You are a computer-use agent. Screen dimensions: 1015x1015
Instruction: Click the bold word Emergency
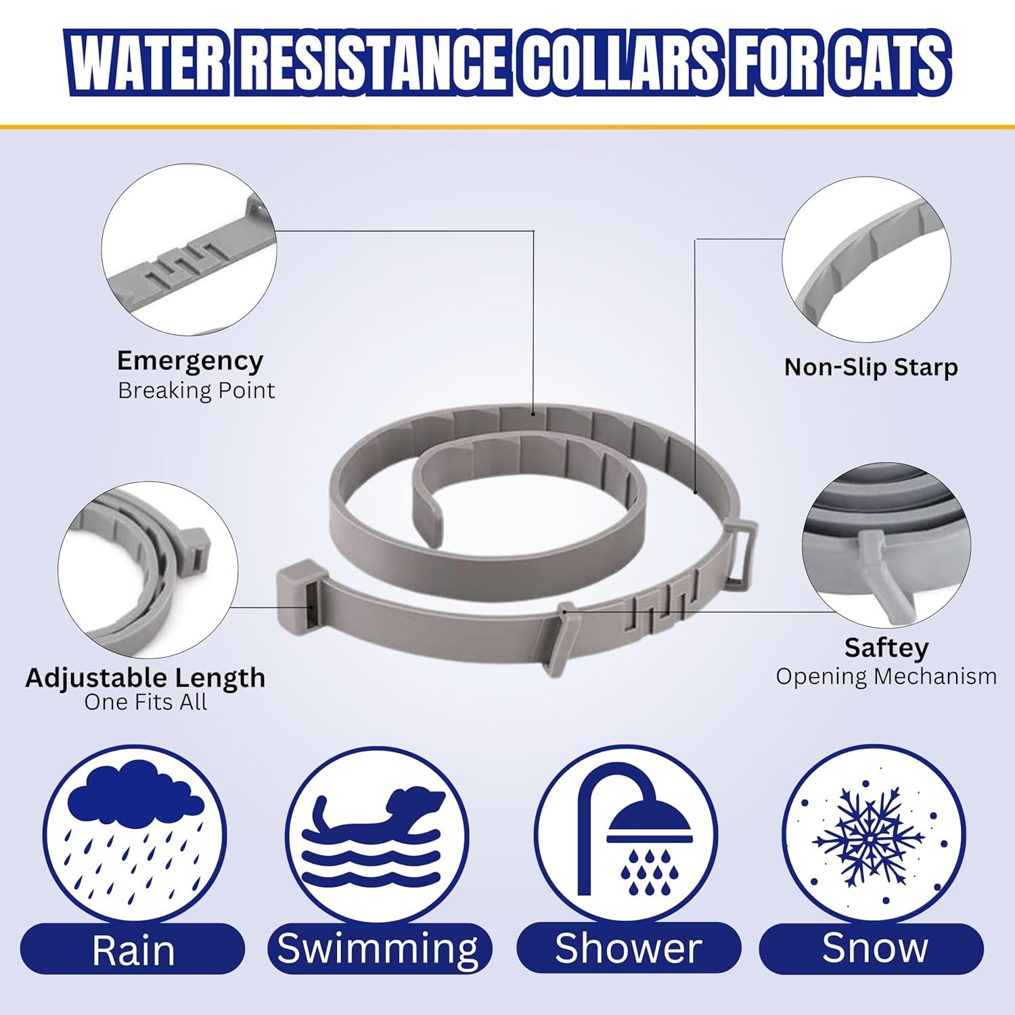(x=190, y=362)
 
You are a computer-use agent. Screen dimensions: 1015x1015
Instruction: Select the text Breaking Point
(x=196, y=390)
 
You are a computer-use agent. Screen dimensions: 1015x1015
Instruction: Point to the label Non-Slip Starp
(x=871, y=367)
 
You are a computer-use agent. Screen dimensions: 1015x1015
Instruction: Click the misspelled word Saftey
(x=886, y=648)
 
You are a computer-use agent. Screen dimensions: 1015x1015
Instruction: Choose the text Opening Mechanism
(x=886, y=676)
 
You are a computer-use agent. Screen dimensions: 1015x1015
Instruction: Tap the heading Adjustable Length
(x=145, y=677)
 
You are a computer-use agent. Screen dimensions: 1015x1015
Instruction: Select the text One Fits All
(x=145, y=702)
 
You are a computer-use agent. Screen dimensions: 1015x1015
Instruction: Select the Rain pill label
(x=133, y=949)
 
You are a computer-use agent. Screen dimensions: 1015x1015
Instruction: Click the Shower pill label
(x=629, y=949)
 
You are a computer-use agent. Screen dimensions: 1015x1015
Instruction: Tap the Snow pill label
(x=872, y=949)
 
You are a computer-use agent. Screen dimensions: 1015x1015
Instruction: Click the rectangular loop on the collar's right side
(x=741, y=549)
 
